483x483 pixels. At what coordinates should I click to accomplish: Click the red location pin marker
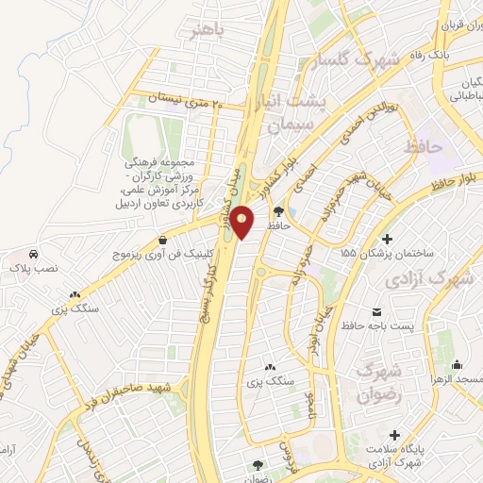[242, 223]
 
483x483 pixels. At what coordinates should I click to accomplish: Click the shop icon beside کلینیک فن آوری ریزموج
[165, 241]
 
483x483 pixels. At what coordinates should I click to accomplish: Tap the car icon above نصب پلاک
[34, 255]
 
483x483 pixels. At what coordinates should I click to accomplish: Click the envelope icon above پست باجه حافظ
[377, 312]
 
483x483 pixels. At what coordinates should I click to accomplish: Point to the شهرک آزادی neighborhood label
[426, 280]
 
